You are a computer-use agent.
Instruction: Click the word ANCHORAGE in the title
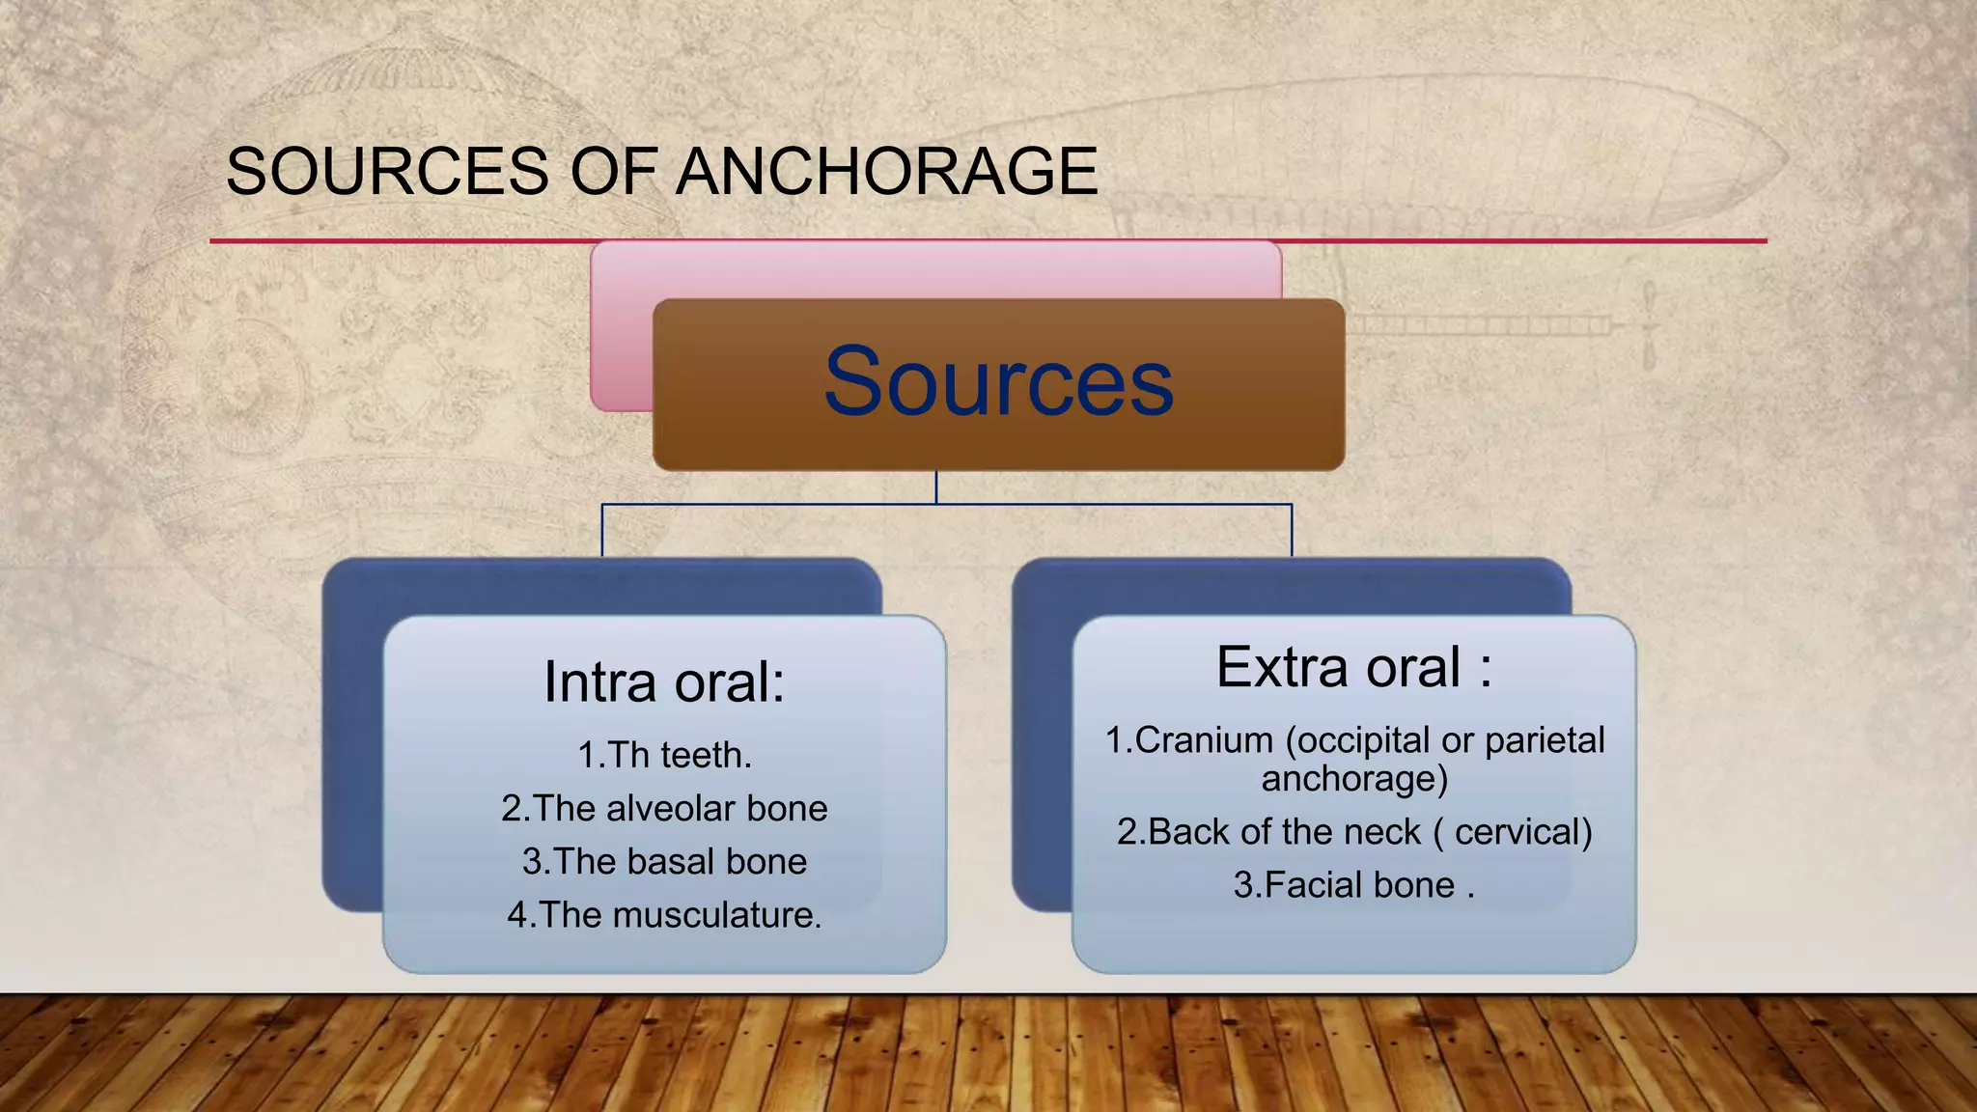886,172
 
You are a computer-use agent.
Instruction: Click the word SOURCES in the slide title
387,172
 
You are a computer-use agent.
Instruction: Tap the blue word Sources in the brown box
998,383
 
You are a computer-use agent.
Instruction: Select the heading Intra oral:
664,681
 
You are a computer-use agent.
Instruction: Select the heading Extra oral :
1353,667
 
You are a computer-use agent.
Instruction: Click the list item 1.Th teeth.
664,755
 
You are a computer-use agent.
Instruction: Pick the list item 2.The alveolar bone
664,808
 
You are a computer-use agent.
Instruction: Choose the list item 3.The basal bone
664,861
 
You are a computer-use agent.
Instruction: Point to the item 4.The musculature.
664,914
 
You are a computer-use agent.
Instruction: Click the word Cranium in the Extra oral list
1204,740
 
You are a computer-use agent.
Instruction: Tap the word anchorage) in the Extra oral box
1354,778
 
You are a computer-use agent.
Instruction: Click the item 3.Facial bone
1344,884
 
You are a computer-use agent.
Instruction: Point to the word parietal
1545,740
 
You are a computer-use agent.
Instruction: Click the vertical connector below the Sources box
936,487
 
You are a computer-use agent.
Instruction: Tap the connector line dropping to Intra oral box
602,530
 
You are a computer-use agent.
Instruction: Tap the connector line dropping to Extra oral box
1292,530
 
